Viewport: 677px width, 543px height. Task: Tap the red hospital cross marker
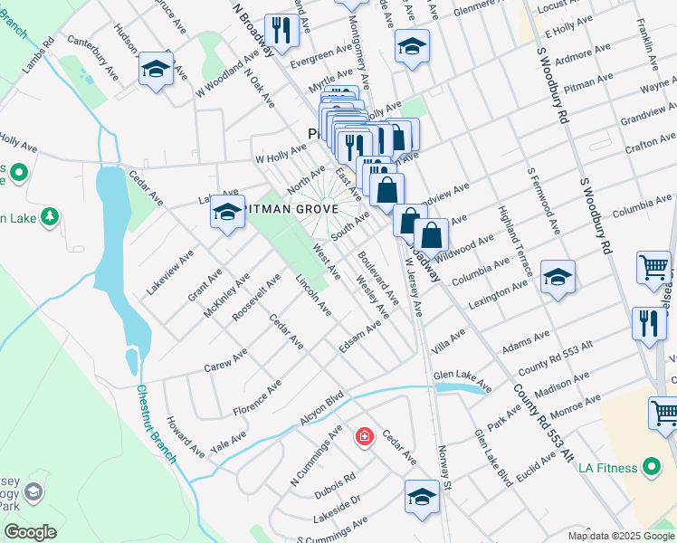[x=364, y=437]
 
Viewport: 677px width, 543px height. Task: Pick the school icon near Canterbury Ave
[x=157, y=69]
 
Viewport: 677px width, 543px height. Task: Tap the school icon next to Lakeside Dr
[x=422, y=497]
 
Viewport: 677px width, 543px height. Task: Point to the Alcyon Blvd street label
[x=323, y=408]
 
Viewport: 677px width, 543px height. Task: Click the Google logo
[x=30, y=532]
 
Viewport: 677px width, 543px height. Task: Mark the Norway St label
[x=444, y=458]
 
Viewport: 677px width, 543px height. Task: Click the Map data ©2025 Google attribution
[x=621, y=535]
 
